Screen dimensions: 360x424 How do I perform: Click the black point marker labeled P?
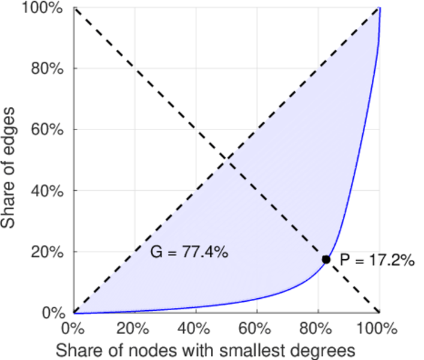click(x=326, y=259)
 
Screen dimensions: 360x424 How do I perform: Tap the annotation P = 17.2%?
click(x=377, y=260)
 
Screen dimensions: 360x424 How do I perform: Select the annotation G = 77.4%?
click(x=189, y=253)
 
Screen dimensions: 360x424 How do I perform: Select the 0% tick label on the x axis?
click(x=74, y=329)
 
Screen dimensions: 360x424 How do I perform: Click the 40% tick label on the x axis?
click(x=196, y=329)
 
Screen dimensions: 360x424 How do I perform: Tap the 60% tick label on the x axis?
click(x=257, y=329)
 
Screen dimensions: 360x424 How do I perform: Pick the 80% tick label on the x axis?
click(x=318, y=329)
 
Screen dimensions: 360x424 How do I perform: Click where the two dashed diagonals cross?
click(x=227, y=160)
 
